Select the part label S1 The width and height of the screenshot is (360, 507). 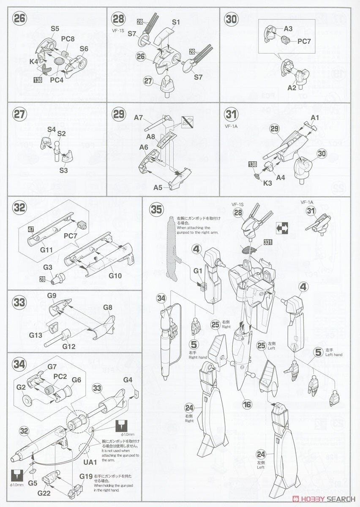click(x=176, y=22)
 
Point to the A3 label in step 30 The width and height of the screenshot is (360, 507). click(x=288, y=29)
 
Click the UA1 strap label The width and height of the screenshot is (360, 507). click(x=90, y=462)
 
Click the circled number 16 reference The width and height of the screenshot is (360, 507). click(x=248, y=405)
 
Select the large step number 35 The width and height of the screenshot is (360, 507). click(x=156, y=209)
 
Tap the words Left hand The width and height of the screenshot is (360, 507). click(x=334, y=354)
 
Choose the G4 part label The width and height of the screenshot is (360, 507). click(x=128, y=379)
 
